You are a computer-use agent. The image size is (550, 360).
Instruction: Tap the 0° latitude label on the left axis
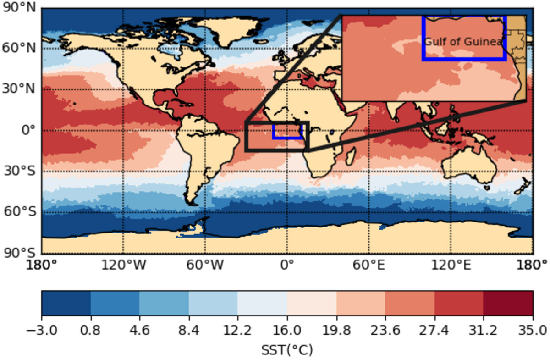pos(28,130)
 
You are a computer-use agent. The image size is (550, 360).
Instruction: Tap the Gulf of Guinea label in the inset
pos(463,42)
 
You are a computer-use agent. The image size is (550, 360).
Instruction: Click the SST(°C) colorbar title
pos(287,350)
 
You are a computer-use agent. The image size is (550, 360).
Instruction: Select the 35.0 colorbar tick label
pos(533,330)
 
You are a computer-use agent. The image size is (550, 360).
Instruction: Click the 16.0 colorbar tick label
pos(287,330)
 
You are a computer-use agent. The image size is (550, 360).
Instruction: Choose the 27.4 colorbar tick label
pos(434,330)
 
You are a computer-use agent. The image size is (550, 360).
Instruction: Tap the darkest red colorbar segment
pos(508,303)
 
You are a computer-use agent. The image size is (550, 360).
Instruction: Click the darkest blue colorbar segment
pos(66,303)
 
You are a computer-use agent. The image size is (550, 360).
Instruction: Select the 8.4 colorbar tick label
pos(188,330)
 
